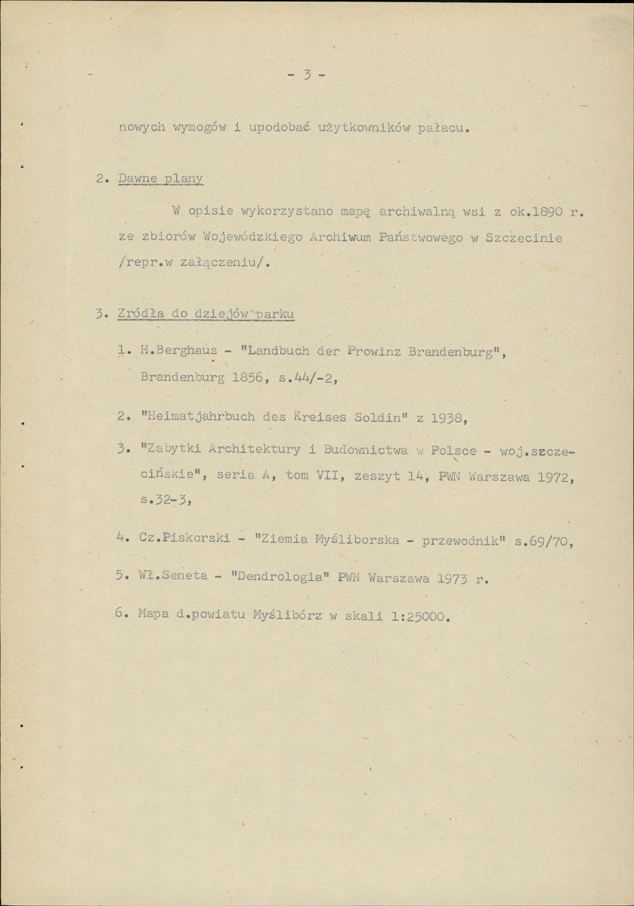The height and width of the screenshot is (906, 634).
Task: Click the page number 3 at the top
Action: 306,75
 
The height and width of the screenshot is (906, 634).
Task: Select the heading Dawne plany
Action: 161,179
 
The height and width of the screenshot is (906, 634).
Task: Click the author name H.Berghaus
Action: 174,351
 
